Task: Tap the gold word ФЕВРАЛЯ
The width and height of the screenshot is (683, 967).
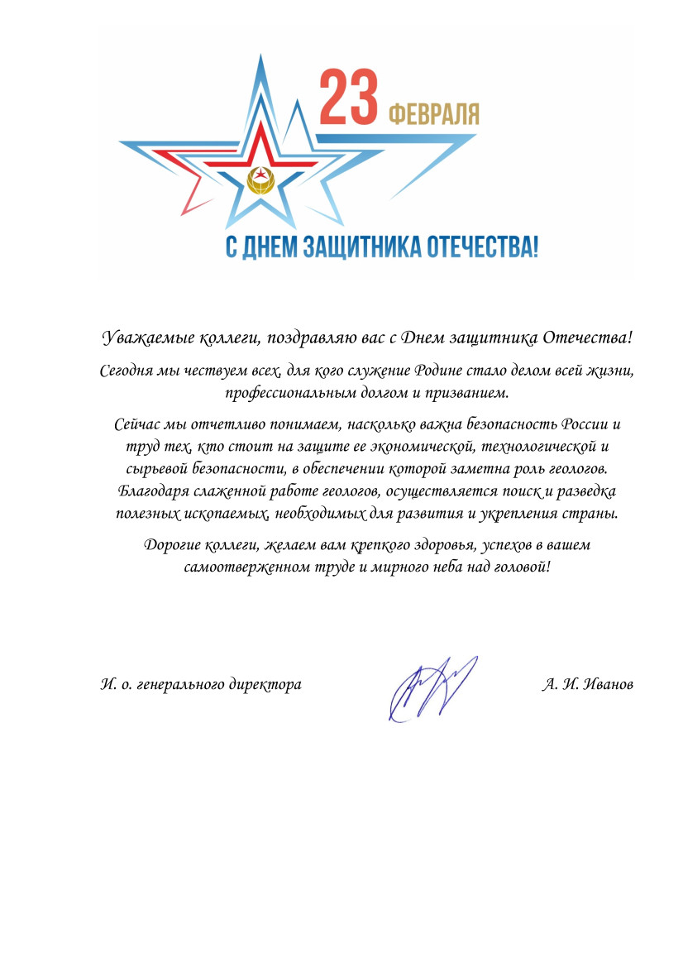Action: point(433,113)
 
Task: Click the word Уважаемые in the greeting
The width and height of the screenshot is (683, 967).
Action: point(146,338)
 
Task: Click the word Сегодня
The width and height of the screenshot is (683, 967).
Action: point(125,371)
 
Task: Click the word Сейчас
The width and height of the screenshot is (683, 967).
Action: point(136,425)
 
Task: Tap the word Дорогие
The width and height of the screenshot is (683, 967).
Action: point(172,546)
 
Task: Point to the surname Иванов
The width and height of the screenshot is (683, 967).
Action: point(609,685)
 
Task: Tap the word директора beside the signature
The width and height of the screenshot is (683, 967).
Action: point(265,685)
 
